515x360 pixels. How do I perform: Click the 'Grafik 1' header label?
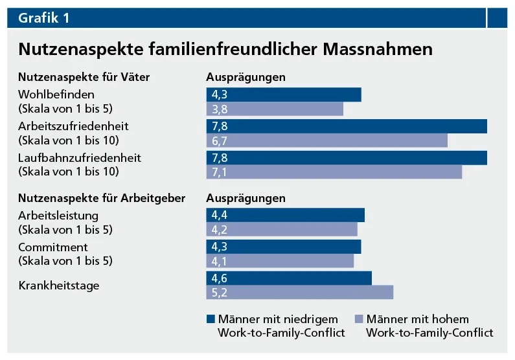tap(44, 18)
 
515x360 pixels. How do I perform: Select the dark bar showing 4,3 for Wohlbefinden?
tap(283, 95)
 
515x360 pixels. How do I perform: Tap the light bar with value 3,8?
tap(274, 109)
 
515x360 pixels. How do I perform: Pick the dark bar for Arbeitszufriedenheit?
tap(346, 126)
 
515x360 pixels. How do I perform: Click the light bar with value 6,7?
tap(326, 141)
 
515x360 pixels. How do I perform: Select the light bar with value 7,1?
tap(334, 172)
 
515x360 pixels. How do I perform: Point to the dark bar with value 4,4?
tap(285, 215)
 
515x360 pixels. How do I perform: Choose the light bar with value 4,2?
tap(282, 229)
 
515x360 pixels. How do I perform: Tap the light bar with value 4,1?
tap(280, 261)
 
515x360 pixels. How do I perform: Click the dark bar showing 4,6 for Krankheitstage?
tap(289, 278)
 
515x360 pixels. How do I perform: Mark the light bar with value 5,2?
tap(299, 293)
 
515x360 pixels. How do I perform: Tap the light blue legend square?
tap(360, 319)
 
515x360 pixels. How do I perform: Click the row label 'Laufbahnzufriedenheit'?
tap(80, 157)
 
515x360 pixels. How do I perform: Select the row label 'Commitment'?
tap(53, 247)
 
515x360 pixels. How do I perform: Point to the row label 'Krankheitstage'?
tap(59, 285)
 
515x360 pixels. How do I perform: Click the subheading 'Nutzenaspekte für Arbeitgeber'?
tap(102, 198)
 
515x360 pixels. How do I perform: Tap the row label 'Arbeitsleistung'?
tap(58, 215)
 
